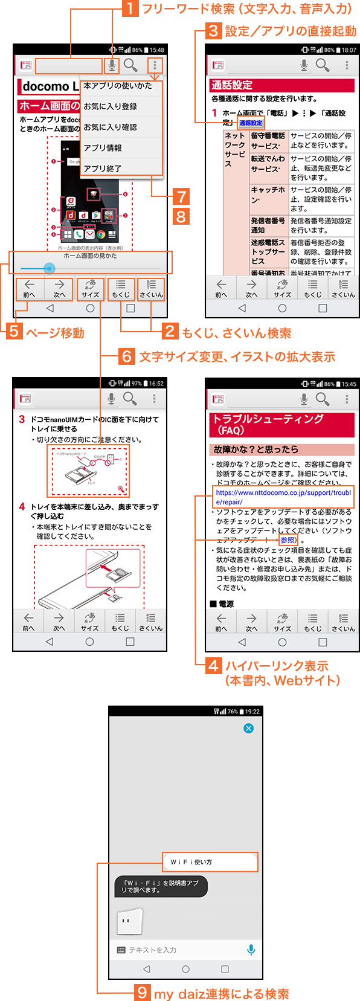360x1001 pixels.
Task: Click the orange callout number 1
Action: click(x=130, y=9)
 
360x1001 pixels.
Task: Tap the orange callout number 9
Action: click(x=142, y=993)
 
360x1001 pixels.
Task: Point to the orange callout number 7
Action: click(x=181, y=197)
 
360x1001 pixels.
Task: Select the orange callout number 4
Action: click(x=214, y=666)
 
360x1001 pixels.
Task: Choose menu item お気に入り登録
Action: click(x=111, y=106)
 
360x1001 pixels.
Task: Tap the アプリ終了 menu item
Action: click(x=103, y=169)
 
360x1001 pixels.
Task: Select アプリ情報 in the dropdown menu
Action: click(x=103, y=148)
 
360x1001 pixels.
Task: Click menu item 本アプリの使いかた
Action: click(x=118, y=86)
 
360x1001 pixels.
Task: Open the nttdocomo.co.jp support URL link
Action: click(x=283, y=497)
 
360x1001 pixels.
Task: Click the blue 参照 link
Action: click(x=288, y=540)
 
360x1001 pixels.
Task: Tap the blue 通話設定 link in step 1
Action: click(x=251, y=123)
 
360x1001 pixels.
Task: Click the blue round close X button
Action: click(x=248, y=729)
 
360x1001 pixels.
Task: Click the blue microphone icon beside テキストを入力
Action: click(x=251, y=950)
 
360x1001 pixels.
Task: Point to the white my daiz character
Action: click(x=129, y=921)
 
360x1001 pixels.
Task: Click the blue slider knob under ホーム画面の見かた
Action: click(x=50, y=268)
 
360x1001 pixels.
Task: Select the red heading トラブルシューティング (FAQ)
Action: click(x=281, y=425)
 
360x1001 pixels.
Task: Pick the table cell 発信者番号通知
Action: click(x=268, y=225)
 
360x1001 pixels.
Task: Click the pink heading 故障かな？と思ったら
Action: click(x=281, y=449)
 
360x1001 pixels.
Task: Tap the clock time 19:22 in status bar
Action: click(x=252, y=712)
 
